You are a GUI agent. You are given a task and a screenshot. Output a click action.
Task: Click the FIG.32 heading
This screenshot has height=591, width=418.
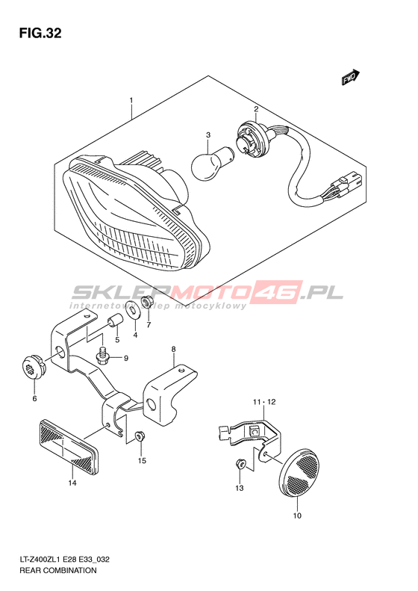point(40,34)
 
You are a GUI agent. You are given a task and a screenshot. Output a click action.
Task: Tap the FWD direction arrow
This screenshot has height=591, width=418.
point(351,77)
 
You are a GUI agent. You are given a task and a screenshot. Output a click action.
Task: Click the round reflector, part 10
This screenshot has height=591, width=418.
point(300,471)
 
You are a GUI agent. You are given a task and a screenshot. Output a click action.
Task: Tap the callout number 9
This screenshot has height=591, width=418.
point(126,358)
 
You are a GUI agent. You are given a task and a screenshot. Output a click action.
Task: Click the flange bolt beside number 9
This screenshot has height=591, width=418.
point(102,356)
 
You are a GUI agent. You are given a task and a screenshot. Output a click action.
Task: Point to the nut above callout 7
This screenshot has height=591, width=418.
point(146,302)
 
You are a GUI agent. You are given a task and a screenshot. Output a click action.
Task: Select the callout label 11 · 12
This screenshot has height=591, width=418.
point(264,402)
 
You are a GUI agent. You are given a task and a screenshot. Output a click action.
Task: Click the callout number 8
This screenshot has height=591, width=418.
point(173,350)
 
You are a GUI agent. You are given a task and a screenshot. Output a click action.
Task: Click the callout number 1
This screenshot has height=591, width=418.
point(131,100)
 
